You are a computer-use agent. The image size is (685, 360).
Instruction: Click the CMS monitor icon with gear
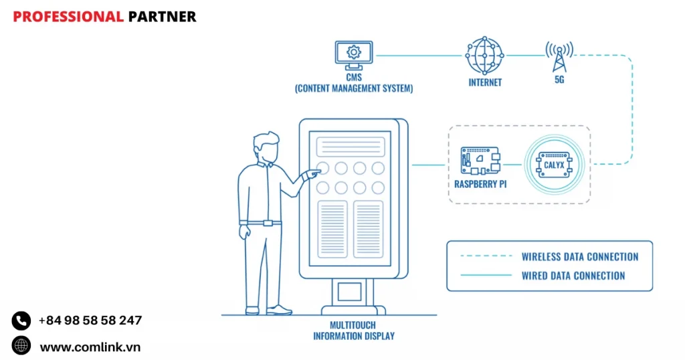click(353, 53)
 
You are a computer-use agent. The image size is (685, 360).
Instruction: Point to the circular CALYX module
click(554, 164)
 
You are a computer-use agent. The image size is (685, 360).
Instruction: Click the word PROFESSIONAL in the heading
click(68, 17)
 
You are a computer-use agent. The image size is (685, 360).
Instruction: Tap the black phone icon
click(21, 321)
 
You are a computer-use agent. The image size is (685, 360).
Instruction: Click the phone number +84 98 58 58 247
click(90, 321)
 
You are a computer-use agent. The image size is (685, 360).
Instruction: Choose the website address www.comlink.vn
click(90, 347)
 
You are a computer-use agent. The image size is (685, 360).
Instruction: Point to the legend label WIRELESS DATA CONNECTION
click(580, 256)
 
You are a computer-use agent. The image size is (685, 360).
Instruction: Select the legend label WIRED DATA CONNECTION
click(573, 275)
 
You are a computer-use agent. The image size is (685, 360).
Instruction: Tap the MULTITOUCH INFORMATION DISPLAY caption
click(354, 331)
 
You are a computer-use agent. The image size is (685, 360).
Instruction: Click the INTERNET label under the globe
click(485, 83)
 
